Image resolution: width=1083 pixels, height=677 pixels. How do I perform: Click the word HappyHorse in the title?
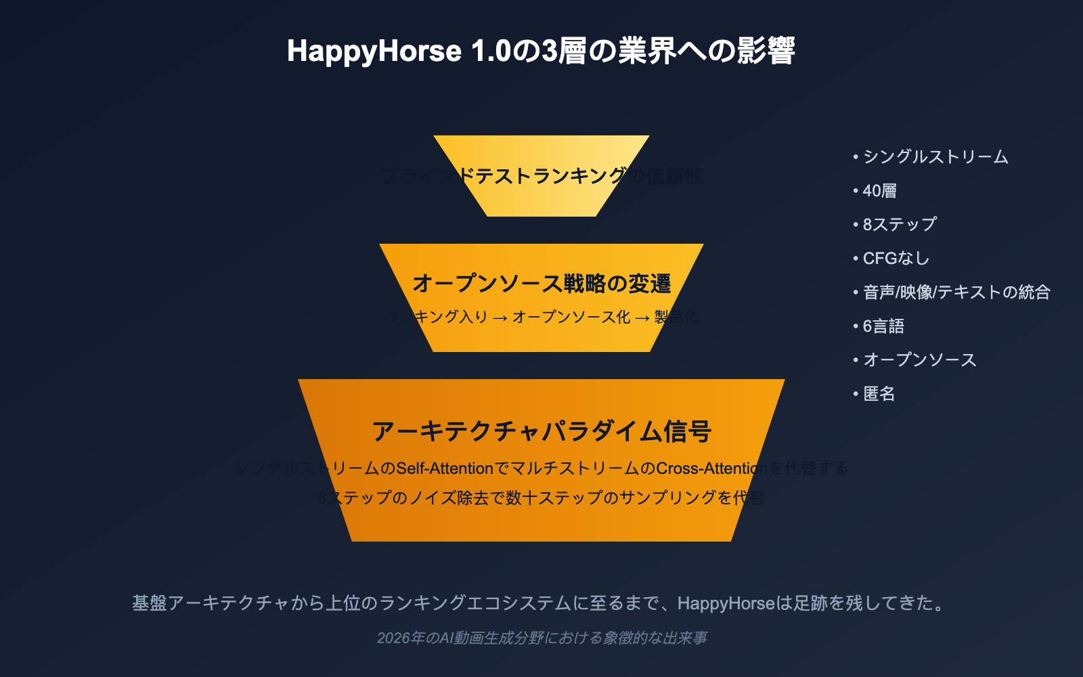374,51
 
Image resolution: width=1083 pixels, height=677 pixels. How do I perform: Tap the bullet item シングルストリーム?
935,157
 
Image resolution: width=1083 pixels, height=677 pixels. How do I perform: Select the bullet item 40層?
879,191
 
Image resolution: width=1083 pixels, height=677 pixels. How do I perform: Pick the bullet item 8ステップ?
900,224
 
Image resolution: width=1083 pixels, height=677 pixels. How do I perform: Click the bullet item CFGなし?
896,258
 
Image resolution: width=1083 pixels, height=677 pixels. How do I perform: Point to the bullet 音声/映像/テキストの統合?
956,292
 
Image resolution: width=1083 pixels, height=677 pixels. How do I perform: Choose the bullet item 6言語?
883,326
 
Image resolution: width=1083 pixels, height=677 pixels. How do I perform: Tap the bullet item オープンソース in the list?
919,359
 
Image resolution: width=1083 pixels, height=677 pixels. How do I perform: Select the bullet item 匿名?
879,393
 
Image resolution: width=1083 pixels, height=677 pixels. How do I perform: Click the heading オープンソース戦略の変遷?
541,283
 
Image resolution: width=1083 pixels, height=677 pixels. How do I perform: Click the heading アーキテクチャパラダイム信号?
541,431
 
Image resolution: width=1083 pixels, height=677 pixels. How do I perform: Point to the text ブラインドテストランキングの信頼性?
541,176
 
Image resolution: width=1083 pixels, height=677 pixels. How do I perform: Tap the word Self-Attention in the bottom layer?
445,468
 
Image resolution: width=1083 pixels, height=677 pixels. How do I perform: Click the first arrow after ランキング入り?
500,318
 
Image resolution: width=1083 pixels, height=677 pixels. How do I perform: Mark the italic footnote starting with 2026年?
541,638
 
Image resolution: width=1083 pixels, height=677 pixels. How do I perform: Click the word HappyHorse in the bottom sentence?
726,603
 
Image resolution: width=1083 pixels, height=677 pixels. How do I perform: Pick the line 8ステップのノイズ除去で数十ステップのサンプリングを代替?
541,498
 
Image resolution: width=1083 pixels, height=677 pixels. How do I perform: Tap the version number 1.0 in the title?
491,51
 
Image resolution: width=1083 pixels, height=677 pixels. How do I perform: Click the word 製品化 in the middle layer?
676,317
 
